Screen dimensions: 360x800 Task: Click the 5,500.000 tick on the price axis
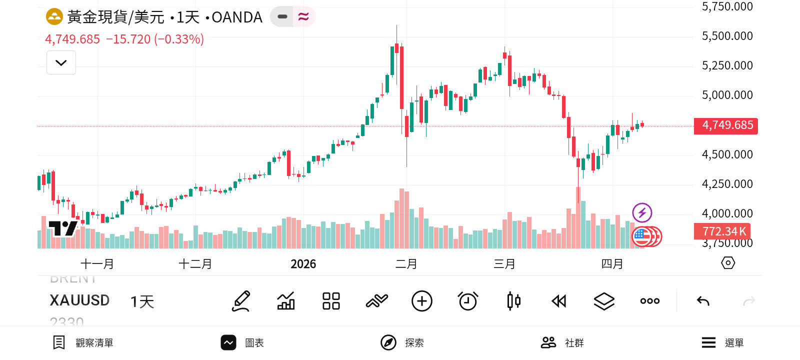click(727, 36)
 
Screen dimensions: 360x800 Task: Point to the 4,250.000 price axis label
click(727, 184)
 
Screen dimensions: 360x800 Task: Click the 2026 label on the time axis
click(303, 264)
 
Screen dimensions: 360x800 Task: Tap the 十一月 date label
click(97, 264)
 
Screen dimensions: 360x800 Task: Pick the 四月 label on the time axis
click(612, 264)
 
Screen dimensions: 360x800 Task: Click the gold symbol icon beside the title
click(54, 17)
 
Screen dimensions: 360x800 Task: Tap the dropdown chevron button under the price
click(61, 63)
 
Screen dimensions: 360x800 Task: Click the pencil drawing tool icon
click(241, 301)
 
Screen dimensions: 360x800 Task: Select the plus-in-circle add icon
click(421, 301)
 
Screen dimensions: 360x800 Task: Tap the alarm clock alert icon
click(468, 301)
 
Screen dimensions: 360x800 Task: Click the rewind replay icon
click(558, 301)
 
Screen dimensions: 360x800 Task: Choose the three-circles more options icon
click(649, 301)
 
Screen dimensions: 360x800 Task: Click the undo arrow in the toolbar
click(703, 301)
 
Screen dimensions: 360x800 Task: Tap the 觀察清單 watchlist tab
click(83, 342)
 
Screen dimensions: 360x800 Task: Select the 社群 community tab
click(562, 342)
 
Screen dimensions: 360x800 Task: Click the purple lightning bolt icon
click(642, 212)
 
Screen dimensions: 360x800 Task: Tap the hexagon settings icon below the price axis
click(728, 263)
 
